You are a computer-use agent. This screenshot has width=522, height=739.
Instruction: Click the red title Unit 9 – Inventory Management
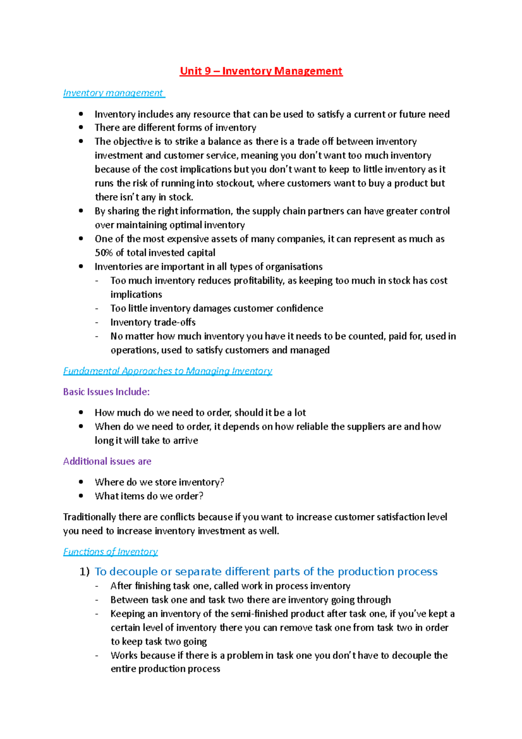click(261, 71)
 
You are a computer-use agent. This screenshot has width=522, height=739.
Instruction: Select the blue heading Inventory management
click(113, 93)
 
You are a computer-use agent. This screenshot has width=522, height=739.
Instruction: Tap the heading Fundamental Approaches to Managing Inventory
click(167, 371)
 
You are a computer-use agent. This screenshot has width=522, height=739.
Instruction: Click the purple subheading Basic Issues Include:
click(106, 392)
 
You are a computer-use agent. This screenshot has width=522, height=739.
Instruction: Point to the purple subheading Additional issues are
click(107, 461)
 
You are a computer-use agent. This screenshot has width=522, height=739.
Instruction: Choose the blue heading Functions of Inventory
click(110, 552)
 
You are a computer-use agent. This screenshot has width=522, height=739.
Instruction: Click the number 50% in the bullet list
click(104, 253)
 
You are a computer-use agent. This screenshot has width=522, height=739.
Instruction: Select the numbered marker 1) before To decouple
click(84, 571)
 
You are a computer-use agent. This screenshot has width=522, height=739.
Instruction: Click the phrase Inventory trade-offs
click(153, 322)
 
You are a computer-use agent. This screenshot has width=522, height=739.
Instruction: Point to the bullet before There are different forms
click(81, 128)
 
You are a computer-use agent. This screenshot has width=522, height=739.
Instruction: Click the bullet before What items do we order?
click(81, 496)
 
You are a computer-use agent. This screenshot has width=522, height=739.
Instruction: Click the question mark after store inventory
click(222, 482)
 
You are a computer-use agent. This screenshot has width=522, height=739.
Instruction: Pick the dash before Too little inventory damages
click(97, 309)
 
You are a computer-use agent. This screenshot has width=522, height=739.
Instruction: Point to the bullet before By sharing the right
click(81, 211)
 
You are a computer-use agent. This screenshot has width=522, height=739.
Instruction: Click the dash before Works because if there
click(97, 655)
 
